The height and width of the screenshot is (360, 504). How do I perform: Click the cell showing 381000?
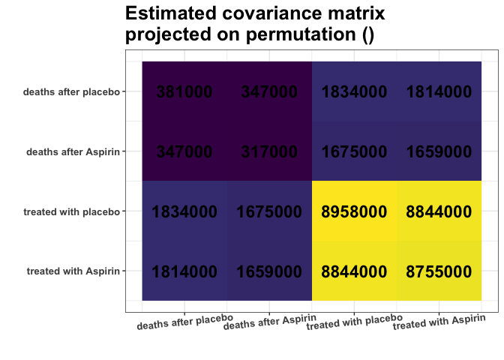click(x=184, y=91)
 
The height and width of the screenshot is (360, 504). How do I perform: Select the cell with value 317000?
click(x=269, y=151)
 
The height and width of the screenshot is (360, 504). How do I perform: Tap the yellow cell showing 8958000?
click(x=354, y=211)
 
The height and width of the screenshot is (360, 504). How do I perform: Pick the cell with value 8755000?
click(x=439, y=271)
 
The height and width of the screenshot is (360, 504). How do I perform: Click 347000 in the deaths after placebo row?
click(x=269, y=91)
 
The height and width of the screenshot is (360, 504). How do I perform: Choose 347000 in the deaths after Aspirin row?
click(x=184, y=151)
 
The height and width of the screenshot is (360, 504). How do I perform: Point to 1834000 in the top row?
click(x=354, y=91)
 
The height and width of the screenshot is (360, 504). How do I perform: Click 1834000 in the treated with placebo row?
click(x=184, y=211)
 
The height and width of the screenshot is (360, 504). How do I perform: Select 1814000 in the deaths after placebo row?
click(x=439, y=91)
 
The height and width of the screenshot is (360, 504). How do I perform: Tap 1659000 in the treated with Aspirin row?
click(x=269, y=271)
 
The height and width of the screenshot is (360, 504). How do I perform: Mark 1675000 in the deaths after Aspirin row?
click(x=354, y=151)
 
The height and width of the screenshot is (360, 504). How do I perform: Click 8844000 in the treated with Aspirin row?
click(x=354, y=271)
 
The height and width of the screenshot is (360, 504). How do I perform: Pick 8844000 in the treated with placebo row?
click(x=439, y=211)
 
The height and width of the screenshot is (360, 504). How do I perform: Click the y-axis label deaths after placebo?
click(x=71, y=92)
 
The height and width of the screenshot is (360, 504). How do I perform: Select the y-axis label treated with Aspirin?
click(x=73, y=271)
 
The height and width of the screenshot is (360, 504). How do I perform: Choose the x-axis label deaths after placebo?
click(x=184, y=322)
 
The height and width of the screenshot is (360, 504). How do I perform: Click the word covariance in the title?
click(x=271, y=14)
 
